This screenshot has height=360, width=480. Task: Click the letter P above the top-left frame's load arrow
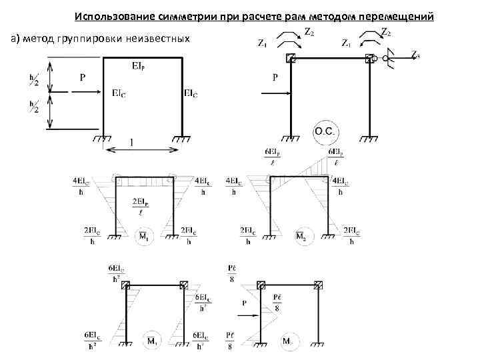[x=83, y=78]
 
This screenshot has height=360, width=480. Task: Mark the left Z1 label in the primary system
[x=263, y=43]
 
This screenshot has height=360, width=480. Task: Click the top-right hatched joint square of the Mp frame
[x=319, y=286]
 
